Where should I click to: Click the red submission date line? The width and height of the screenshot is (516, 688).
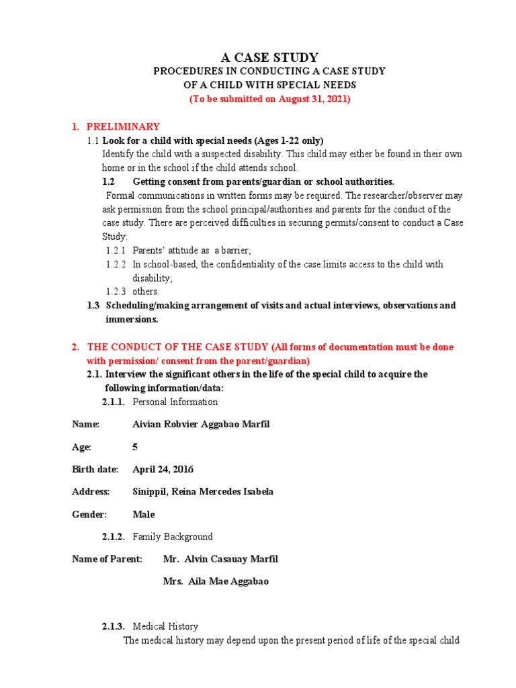[269, 99]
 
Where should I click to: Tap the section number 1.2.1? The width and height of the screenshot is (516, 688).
[116, 251]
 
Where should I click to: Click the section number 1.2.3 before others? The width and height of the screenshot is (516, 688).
[116, 292]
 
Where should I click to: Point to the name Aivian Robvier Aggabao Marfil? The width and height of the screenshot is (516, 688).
[202, 424]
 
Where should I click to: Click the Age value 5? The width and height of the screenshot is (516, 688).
[136, 447]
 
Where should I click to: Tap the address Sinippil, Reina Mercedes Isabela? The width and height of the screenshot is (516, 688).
[203, 492]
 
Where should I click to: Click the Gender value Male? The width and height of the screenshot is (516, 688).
[144, 514]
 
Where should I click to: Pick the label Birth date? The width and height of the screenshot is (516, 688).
[95, 469]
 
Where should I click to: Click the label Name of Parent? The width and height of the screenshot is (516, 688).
[107, 559]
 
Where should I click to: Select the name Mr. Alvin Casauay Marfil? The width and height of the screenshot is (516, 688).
[220, 559]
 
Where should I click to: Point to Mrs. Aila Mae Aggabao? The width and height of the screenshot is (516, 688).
[216, 581]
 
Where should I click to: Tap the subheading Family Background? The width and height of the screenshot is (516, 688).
[173, 537]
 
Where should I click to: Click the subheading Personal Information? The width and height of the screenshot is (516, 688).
[175, 402]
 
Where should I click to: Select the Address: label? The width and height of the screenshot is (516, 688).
[91, 492]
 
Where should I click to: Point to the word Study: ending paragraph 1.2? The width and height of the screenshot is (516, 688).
[114, 236]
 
